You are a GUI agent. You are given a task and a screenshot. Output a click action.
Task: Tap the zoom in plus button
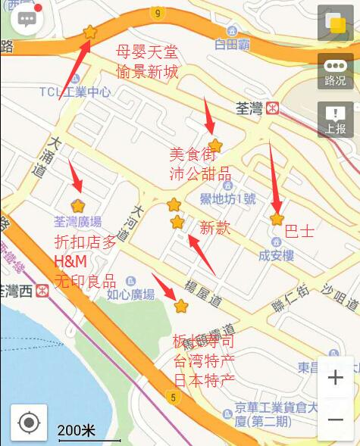(335, 378)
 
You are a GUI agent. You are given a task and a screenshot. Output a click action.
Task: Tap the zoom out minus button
(335, 418)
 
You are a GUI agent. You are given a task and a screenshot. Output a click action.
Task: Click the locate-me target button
(29, 422)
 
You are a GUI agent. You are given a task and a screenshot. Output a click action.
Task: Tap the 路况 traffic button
(334, 71)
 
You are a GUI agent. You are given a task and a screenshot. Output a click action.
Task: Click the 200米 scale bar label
(77, 431)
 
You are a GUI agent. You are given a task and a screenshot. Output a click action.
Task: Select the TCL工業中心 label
(75, 92)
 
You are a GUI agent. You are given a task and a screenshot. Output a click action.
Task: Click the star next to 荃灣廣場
(78, 205)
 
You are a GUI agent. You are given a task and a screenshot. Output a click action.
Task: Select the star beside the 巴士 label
(277, 219)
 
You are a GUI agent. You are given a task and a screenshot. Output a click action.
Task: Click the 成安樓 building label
(276, 255)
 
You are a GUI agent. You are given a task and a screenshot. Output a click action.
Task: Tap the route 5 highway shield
(174, 397)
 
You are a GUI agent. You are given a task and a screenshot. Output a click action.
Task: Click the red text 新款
(214, 228)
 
